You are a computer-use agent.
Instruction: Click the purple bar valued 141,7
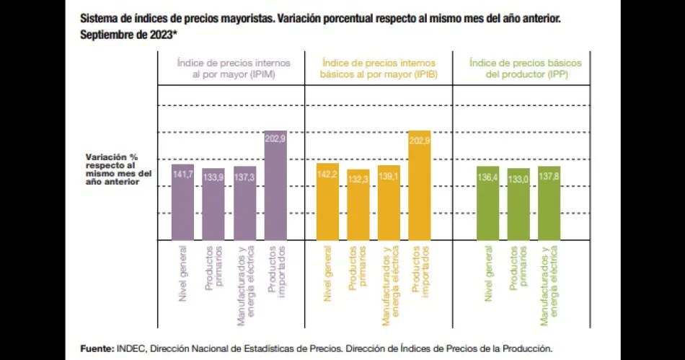[x=183, y=202]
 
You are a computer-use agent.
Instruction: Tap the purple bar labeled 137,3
[x=244, y=203]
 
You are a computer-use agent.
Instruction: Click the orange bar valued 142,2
[x=328, y=201]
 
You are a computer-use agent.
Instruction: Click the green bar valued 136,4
[x=488, y=203]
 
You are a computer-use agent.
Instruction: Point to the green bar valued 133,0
[x=518, y=204]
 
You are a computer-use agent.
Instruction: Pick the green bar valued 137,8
[x=549, y=203]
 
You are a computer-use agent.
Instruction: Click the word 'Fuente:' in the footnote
[x=96, y=348]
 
